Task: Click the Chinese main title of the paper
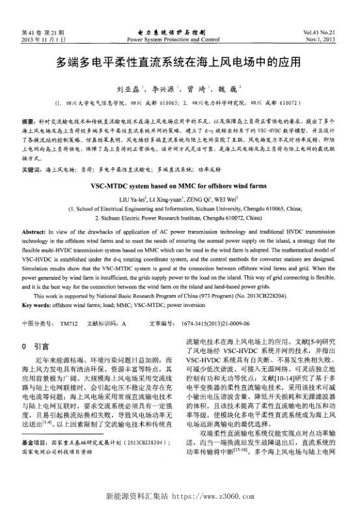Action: point(179,63)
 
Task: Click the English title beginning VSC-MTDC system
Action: point(179,185)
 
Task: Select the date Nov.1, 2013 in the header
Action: point(324,39)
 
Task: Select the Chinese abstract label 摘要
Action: point(28,121)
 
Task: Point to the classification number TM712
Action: point(68,322)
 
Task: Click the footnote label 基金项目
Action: point(34,459)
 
